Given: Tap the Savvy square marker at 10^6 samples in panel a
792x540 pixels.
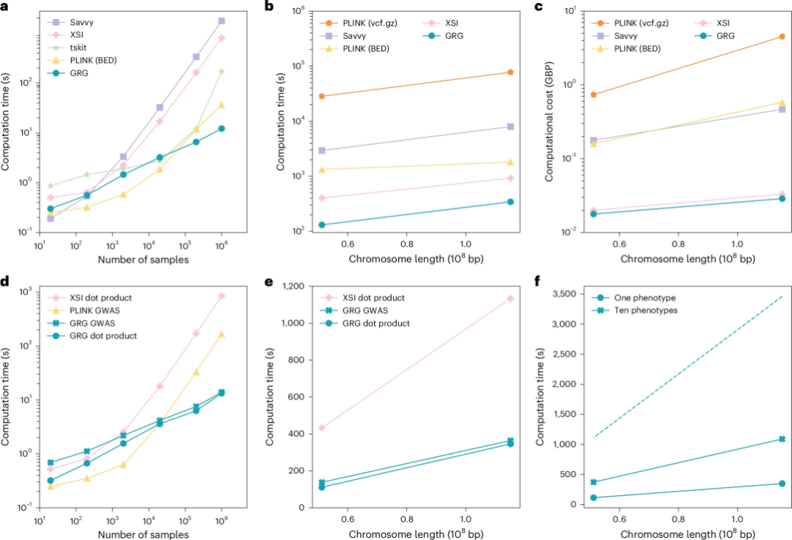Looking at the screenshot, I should click(x=221, y=21).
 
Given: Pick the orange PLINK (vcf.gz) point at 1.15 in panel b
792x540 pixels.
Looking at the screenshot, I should click(x=510, y=72).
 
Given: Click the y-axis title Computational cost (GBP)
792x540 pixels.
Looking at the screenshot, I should click(x=549, y=121).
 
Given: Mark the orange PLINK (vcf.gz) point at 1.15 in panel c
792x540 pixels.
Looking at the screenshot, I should click(x=782, y=36).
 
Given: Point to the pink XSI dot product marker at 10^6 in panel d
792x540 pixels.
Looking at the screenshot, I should click(x=221, y=296).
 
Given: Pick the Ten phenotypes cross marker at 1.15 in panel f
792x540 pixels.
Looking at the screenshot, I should click(x=782, y=439).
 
